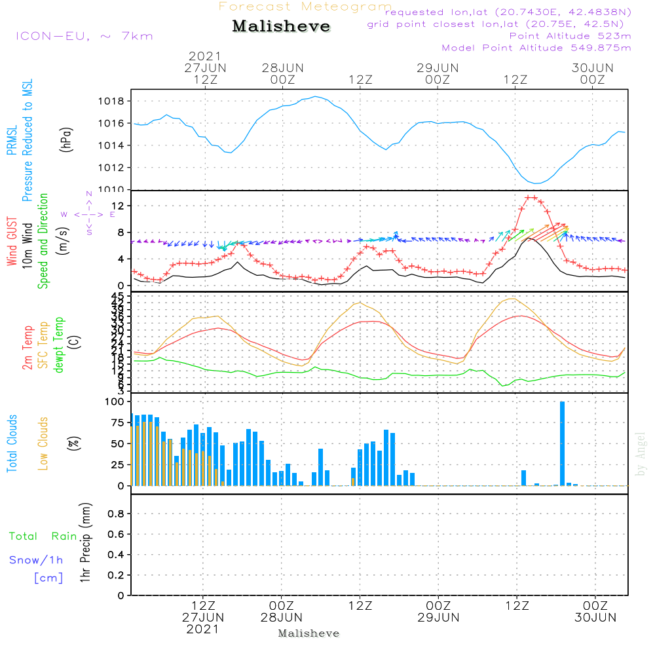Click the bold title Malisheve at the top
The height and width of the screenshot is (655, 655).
click(x=281, y=26)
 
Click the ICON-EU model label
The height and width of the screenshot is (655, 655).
click(x=84, y=36)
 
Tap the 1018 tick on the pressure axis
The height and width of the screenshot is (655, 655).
click(x=115, y=101)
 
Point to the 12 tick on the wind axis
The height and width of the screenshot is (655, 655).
click(x=121, y=206)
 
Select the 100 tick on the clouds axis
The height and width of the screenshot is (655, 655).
click(x=115, y=402)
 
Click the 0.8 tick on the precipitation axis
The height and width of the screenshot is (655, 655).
click(x=116, y=514)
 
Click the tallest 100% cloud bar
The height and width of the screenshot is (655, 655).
click(x=562, y=443)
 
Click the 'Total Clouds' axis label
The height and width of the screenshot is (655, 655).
click(x=12, y=443)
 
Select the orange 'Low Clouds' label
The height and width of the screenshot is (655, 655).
click(x=43, y=443)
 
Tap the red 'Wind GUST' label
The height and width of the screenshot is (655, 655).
click(x=12, y=242)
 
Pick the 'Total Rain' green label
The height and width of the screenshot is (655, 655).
click(x=43, y=536)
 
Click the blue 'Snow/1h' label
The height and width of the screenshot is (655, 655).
click(x=37, y=560)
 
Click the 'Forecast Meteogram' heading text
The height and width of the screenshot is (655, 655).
click(x=305, y=7)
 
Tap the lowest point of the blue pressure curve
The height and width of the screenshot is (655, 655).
click(x=536, y=183)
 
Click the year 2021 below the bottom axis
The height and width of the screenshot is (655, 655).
click(x=203, y=629)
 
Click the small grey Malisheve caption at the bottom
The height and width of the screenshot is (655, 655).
click(x=309, y=633)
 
